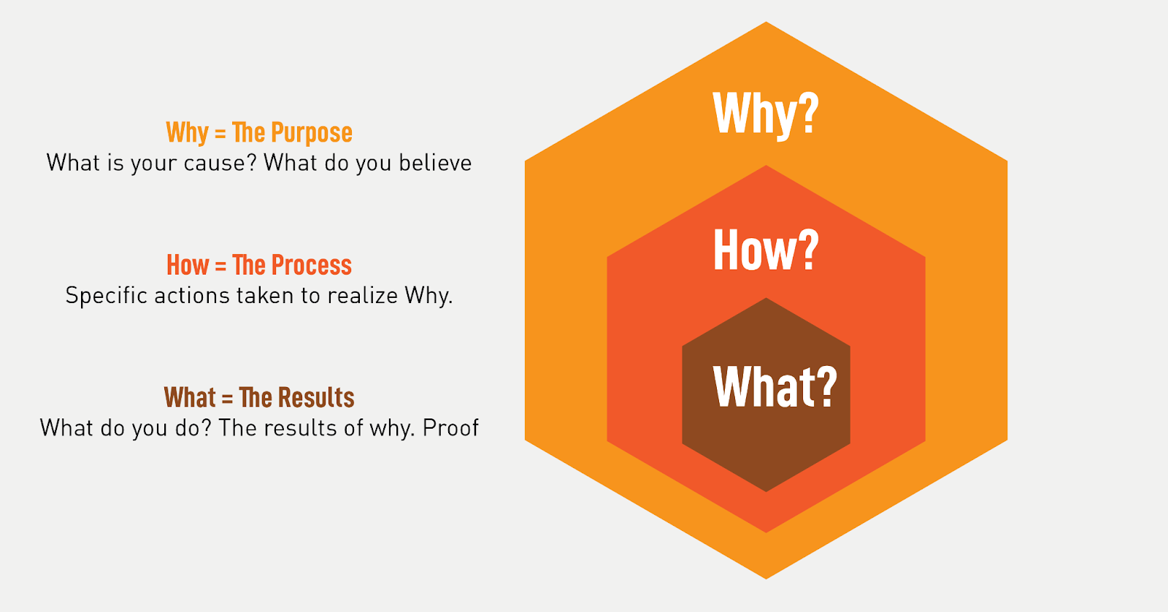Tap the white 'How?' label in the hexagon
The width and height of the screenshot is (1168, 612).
766,250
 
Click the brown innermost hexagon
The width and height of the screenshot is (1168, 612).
766,394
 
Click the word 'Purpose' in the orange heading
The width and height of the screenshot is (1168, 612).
312,132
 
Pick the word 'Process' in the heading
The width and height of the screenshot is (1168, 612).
312,264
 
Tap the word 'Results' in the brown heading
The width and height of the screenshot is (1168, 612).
316,397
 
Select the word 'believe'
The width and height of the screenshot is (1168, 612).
435,162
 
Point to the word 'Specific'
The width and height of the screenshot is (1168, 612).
107,295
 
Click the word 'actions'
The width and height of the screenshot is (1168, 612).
191,296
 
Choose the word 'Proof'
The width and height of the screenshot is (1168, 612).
450,428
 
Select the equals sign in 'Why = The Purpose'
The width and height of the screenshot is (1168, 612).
220,134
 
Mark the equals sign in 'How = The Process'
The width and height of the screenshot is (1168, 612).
220,266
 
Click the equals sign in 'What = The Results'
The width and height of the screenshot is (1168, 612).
227,398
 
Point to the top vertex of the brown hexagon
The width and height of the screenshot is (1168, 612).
766,298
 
